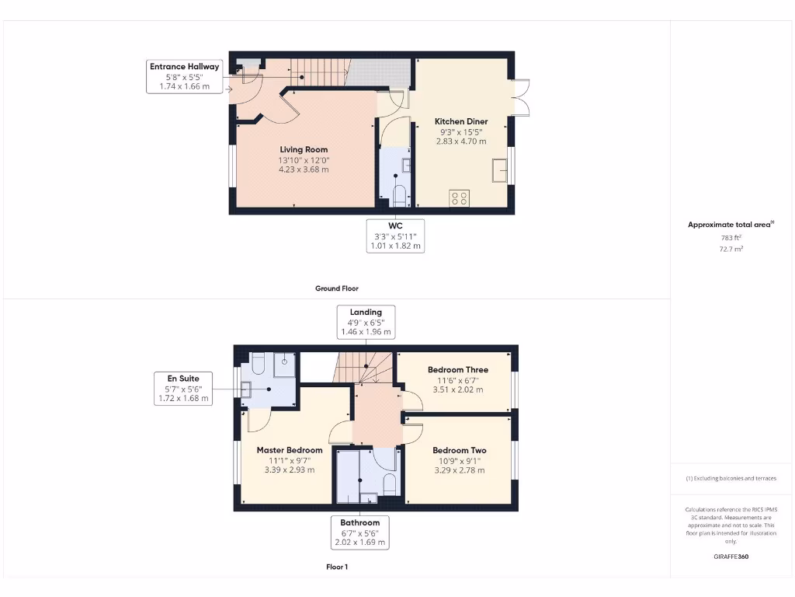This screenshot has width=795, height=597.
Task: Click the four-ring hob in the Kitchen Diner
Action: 459,198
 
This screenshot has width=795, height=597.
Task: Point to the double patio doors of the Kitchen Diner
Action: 520,98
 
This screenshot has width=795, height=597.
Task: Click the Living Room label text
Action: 304,149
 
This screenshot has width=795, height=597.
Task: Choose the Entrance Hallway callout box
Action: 185,77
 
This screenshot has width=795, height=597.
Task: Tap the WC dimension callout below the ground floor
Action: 395,236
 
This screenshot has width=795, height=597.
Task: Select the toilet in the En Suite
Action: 259,365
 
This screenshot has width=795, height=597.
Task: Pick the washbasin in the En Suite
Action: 247,391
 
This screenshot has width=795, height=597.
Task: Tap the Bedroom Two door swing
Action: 411,431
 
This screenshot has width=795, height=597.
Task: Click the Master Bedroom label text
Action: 290,450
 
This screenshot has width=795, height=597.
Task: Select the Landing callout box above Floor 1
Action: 366,322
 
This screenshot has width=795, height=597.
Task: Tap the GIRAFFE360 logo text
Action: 731,557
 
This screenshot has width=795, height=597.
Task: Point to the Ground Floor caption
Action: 336,288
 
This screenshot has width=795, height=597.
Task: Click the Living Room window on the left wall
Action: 231,166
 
